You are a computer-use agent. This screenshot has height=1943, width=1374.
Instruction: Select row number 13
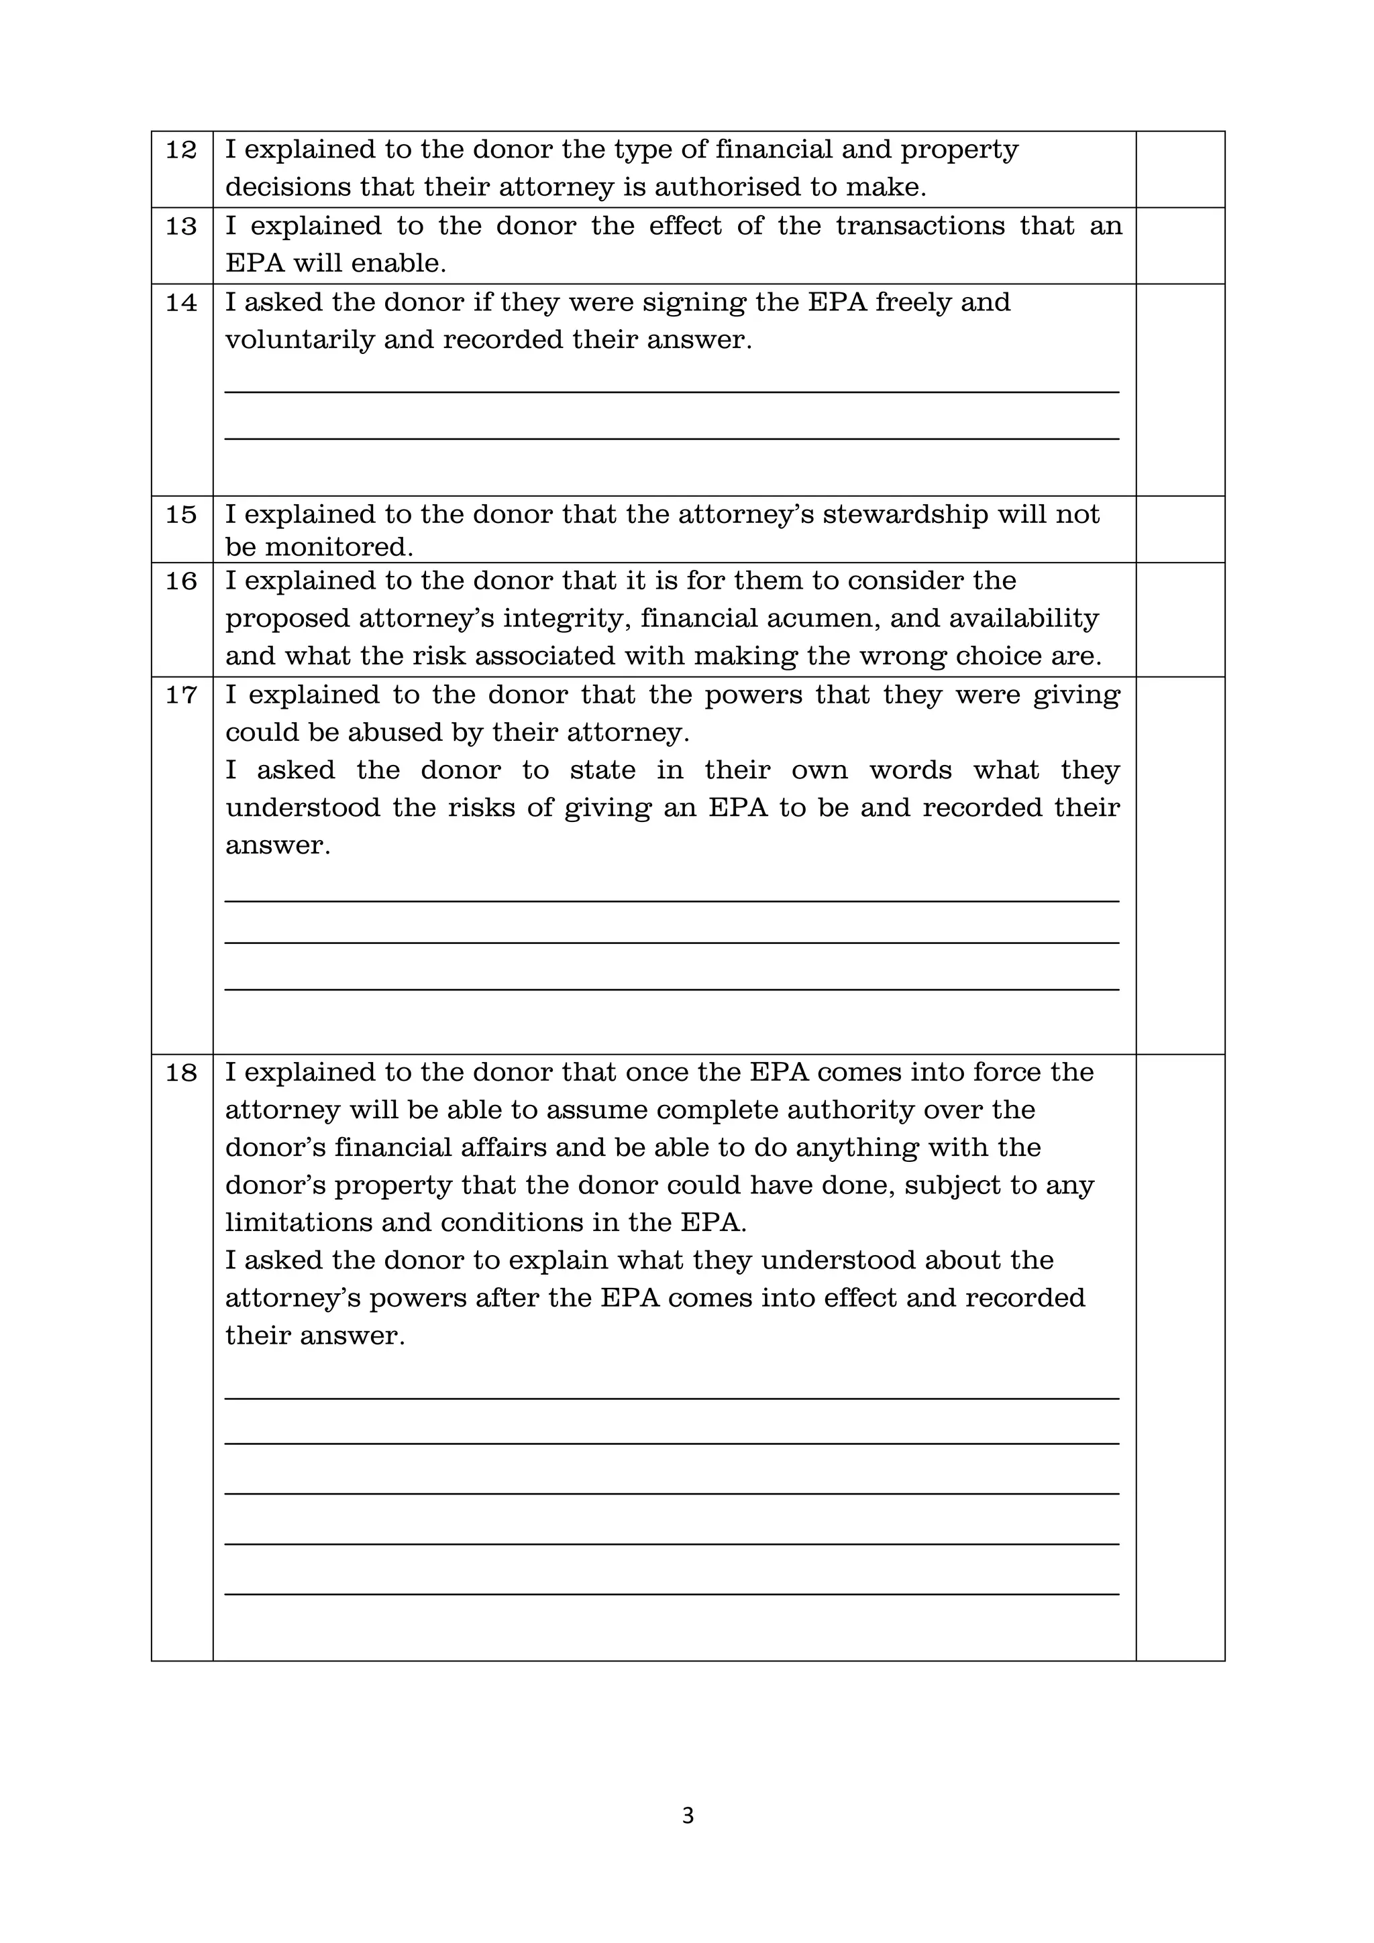(x=181, y=227)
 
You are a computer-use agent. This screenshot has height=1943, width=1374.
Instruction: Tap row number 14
(x=181, y=303)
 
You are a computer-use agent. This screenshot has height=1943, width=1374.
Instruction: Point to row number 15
(x=181, y=514)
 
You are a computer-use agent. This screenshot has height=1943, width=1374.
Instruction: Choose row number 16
(x=181, y=581)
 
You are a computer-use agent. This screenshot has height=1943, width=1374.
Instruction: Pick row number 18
(x=181, y=1073)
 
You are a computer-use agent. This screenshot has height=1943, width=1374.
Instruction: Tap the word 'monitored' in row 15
(x=339, y=548)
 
